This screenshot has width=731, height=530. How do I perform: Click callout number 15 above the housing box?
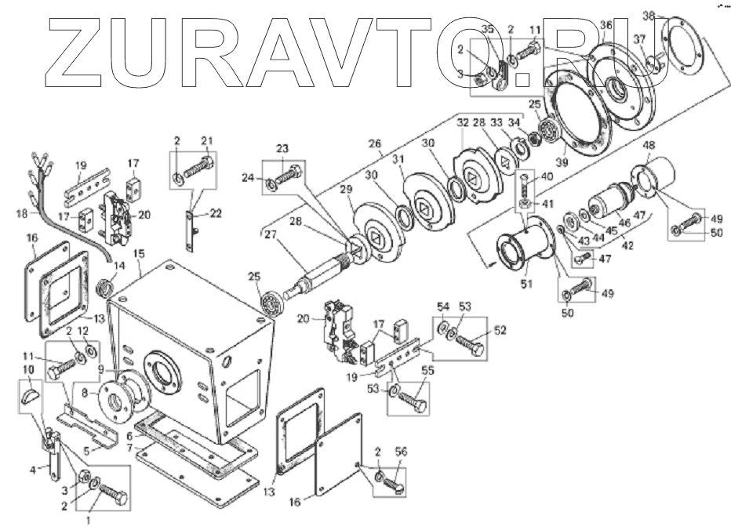coord(139,254)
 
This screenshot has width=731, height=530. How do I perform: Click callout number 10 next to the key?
coord(27,368)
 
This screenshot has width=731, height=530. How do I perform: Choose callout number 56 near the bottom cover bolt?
coord(401,452)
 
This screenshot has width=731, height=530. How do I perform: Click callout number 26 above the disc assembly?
coord(375,143)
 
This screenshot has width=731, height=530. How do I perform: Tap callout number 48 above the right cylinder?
coord(649,146)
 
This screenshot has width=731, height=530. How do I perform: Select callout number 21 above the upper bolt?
coord(207,140)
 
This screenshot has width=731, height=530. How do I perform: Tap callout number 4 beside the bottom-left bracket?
coord(34,470)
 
